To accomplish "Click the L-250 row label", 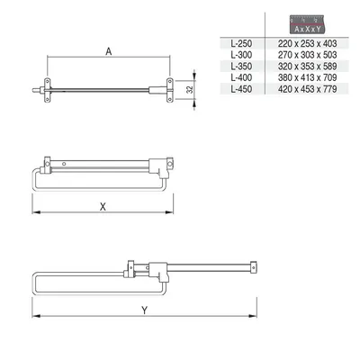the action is tap(241, 43).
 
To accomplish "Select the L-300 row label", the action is tap(241, 55).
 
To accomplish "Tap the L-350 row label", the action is tap(241, 67).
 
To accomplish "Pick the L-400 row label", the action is tap(241, 77).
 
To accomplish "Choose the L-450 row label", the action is tap(241, 89).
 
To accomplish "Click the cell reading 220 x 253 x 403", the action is tap(307, 43).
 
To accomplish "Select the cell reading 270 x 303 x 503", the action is tap(307, 55).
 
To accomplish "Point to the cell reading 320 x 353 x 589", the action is tap(307, 67).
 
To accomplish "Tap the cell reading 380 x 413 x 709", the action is tap(307, 77).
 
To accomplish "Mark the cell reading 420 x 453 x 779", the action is tap(307, 89).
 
